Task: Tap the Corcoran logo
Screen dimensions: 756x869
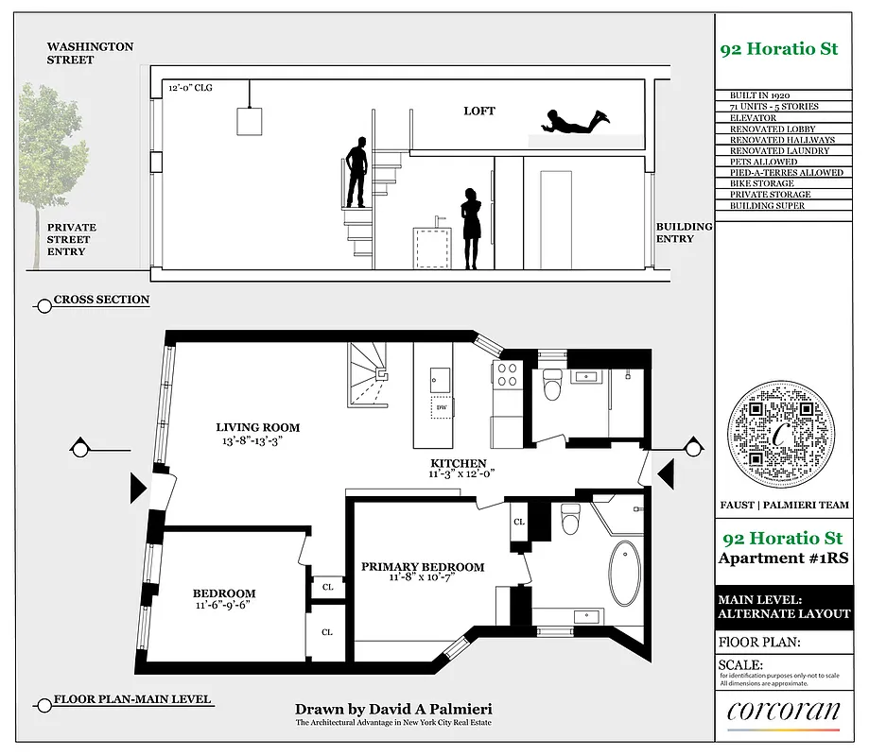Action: point(783,714)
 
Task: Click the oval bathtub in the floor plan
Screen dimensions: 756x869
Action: point(625,573)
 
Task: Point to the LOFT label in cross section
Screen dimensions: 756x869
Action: point(478,112)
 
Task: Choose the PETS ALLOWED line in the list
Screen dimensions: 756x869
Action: point(763,162)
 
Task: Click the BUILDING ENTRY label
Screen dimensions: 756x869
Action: point(685,232)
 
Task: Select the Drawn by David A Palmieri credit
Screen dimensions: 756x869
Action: point(393,709)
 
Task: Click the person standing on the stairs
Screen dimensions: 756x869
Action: point(356,172)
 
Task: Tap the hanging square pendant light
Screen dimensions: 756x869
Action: point(250,122)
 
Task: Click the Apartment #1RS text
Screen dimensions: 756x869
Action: point(783,558)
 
